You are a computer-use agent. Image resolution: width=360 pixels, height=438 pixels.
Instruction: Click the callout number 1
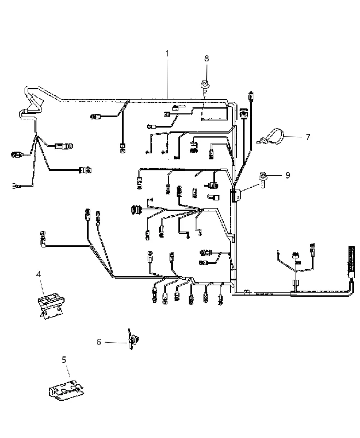(167, 53)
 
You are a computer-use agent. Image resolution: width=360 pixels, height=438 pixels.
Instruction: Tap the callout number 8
(206, 59)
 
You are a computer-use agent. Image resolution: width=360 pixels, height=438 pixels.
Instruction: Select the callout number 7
(308, 137)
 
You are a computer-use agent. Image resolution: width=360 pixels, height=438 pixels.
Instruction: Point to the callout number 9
(288, 175)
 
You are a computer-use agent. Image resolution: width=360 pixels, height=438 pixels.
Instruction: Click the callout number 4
(38, 274)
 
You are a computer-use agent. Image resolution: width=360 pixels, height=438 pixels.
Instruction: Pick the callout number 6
(98, 342)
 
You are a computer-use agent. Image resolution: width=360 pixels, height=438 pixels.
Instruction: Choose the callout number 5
(64, 360)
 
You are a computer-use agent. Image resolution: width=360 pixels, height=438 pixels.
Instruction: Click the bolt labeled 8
(205, 85)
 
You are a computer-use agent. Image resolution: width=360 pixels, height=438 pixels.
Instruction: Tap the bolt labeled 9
(263, 178)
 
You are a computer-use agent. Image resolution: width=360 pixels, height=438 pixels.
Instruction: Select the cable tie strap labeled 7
(271, 137)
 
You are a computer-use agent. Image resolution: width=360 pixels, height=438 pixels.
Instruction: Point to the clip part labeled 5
(66, 389)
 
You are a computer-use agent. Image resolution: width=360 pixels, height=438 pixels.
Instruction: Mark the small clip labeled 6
(133, 339)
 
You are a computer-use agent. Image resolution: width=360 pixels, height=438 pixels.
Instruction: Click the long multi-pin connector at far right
(351, 260)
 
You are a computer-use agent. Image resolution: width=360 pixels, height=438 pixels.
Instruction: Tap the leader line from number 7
(293, 137)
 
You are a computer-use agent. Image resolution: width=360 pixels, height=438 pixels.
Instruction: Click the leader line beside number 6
(116, 342)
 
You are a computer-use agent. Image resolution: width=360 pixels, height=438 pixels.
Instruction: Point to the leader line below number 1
(167, 78)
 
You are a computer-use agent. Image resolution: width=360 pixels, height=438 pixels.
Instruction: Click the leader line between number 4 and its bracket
(42, 286)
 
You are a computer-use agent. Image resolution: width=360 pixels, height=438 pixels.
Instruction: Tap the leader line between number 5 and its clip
(67, 371)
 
